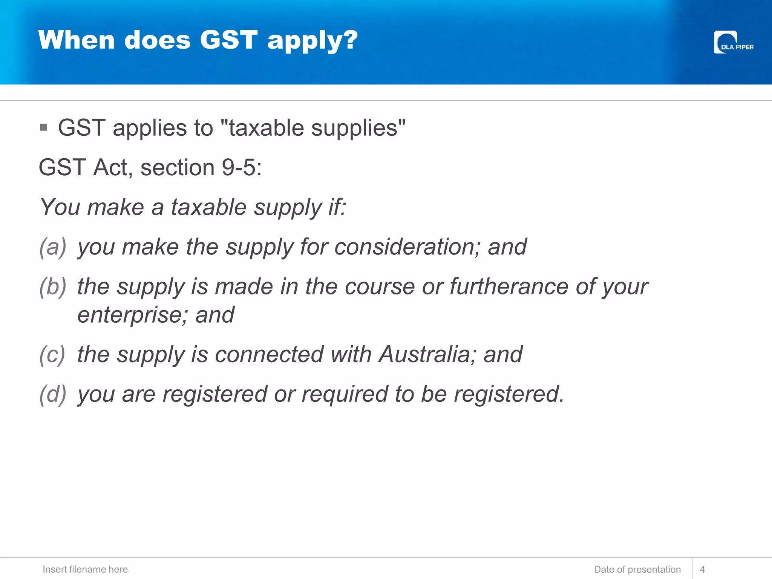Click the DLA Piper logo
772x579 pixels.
(x=733, y=43)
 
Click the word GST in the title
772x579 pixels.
(x=228, y=40)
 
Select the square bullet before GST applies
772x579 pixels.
(x=44, y=127)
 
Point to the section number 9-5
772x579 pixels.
(x=239, y=167)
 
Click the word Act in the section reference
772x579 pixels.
(x=112, y=167)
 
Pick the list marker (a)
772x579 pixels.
(x=53, y=247)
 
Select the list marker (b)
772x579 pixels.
(x=53, y=286)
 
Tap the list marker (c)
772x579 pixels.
(x=52, y=355)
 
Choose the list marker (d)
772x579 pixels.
(x=53, y=394)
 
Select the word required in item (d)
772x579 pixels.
(x=345, y=394)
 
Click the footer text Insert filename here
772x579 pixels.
(x=85, y=569)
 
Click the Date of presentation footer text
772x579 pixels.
(x=637, y=569)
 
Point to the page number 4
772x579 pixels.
(x=702, y=569)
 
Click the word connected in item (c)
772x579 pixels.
(x=269, y=355)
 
